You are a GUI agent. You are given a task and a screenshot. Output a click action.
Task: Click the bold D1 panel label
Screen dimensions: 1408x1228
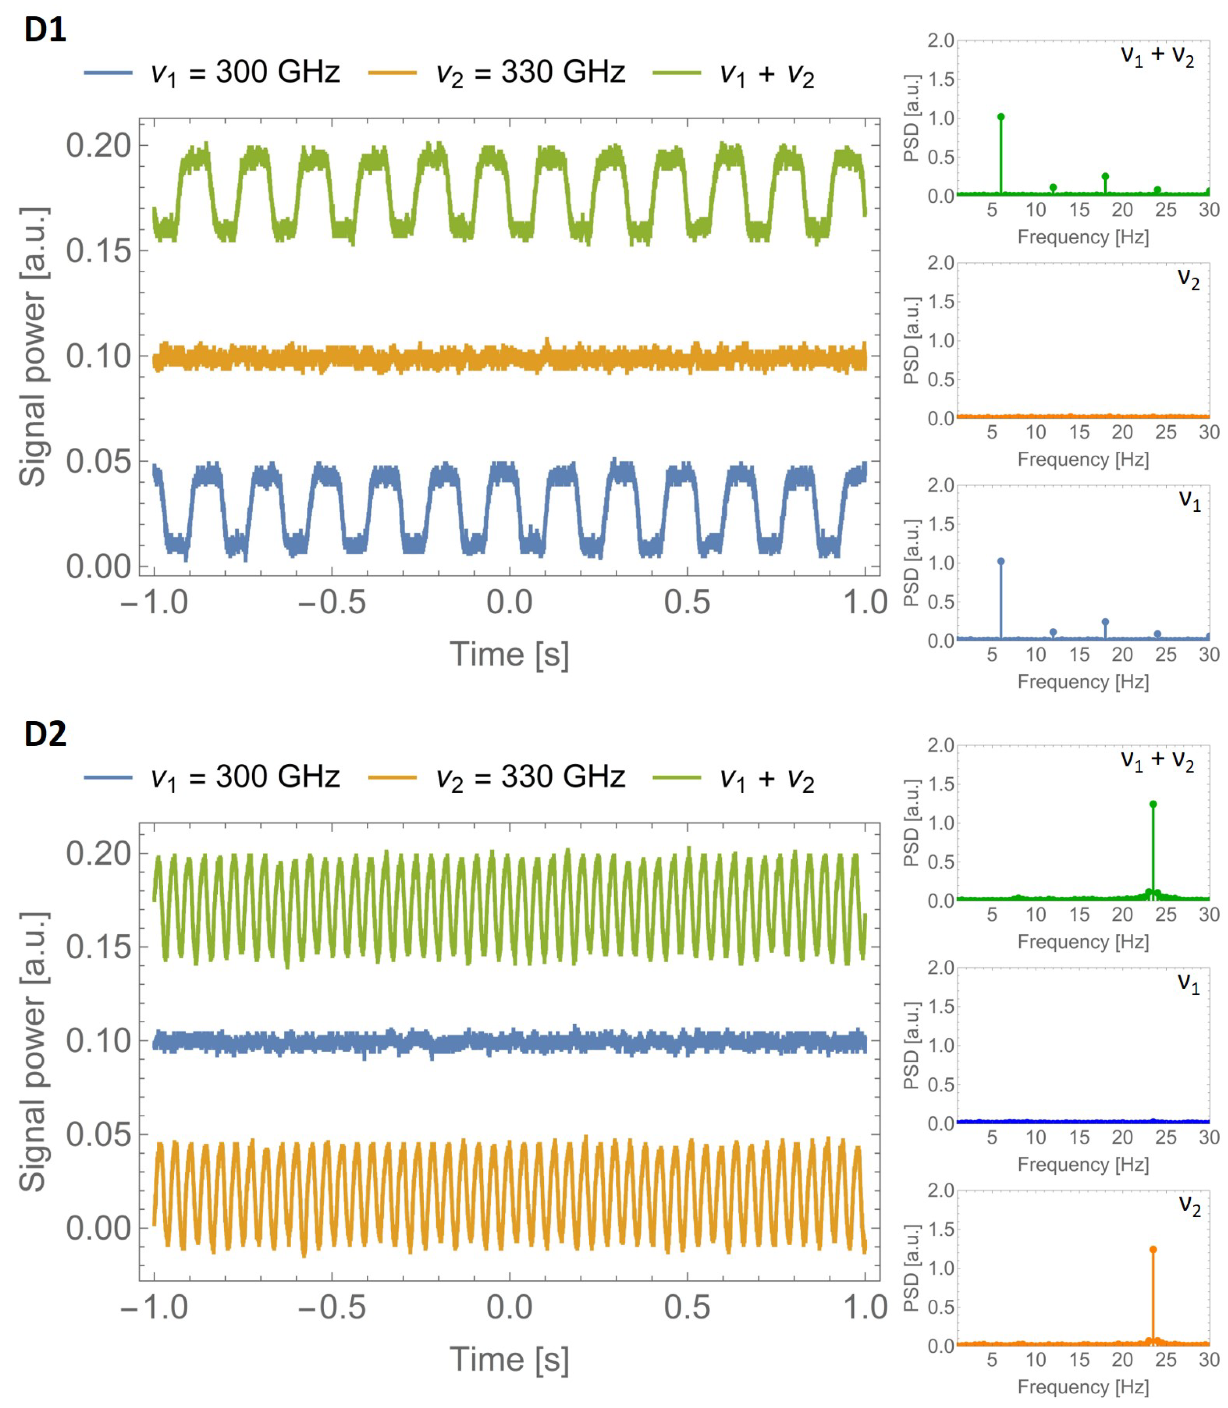45,30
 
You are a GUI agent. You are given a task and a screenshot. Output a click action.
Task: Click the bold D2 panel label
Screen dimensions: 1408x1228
45,734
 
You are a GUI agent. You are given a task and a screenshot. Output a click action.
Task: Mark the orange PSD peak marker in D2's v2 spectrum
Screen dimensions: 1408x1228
1153,1250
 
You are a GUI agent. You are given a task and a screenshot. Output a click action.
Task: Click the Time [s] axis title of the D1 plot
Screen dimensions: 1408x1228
509,654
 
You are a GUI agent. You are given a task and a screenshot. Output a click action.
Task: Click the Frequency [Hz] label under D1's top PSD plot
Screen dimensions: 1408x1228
1083,237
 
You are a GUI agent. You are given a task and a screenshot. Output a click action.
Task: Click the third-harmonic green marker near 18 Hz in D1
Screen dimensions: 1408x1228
1105,177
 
